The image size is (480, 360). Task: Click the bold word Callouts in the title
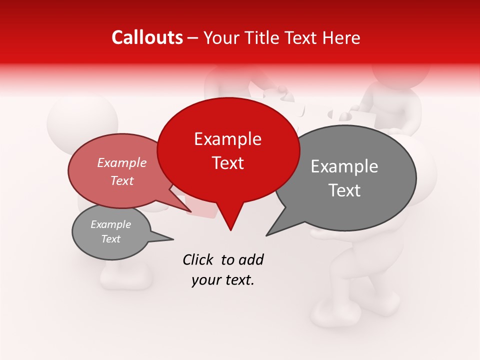pyautogui.click(x=147, y=37)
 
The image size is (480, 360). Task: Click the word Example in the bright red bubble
pyautogui.click(x=227, y=139)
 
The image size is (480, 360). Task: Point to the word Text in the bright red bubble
pyautogui.click(x=228, y=163)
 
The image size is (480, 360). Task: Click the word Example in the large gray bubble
pyautogui.click(x=344, y=166)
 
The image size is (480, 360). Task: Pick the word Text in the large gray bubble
pyautogui.click(x=345, y=190)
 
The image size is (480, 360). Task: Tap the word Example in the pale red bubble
pyautogui.click(x=122, y=163)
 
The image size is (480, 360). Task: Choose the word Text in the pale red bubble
pyautogui.click(x=122, y=180)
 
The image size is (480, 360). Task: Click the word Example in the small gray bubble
pyautogui.click(x=111, y=224)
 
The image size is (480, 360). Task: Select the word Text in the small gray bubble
pyautogui.click(x=111, y=239)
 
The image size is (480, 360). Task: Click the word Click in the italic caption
pyautogui.click(x=199, y=259)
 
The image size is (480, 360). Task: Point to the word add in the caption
pyautogui.click(x=251, y=259)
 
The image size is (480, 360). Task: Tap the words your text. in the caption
pyautogui.click(x=223, y=280)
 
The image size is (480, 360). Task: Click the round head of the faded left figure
pyautogui.click(x=82, y=122)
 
